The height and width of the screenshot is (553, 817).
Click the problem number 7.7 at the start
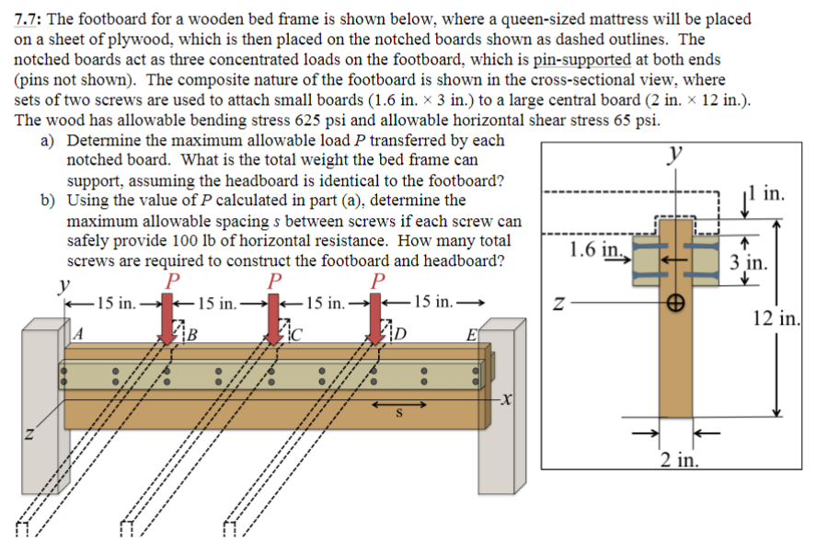coord(30,18)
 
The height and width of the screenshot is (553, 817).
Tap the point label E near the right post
coord(470,334)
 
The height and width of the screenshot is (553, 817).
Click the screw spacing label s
coord(398,415)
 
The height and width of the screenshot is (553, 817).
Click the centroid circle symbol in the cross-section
coord(676,301)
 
